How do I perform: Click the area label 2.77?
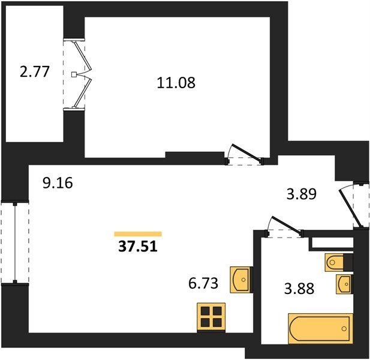(35, 71)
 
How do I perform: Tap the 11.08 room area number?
(176, 83)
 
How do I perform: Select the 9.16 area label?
(58, 183)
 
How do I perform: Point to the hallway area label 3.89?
(301, 194)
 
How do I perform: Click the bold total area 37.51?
(138, 247)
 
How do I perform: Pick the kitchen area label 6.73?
(203, 283)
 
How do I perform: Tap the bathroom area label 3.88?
(299, 288)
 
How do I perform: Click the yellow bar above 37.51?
(138, 234)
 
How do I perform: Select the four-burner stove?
(211, 317)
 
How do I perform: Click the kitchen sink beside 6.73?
(240, 280)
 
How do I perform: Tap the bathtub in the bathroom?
(320, 328)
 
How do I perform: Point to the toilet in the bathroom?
(333, 262)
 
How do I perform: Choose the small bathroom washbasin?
(344, 284)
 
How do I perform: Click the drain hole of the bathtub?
(344, 329)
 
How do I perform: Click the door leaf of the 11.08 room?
(247, 153)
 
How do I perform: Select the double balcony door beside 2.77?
(82, 74)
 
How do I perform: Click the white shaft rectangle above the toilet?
(332, 242)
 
